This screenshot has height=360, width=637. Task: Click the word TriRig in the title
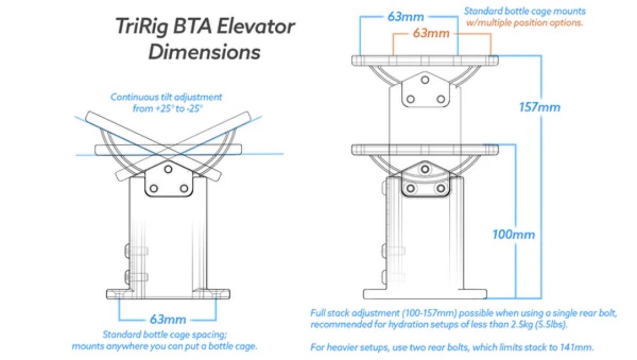(142, 27)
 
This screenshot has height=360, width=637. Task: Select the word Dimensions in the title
(204, 52)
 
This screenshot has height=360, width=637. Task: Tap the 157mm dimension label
(540, 107)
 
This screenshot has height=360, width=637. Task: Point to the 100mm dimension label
(514, 234)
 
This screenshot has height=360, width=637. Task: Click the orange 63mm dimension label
(431, 33)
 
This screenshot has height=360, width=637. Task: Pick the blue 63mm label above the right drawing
(406, 16)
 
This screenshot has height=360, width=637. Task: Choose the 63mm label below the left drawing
(168, 320)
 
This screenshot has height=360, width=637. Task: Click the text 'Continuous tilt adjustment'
(166, 97)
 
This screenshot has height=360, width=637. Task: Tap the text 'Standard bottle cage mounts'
(525, 11)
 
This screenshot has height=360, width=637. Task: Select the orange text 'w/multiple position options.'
(524, 23)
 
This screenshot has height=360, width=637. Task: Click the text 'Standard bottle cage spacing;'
(165, 334)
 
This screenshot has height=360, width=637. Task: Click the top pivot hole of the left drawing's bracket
(168, 169)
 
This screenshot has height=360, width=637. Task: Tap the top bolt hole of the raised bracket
(425, 80)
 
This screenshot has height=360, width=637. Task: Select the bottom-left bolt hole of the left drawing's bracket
(154, 189)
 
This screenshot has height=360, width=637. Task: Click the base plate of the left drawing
(168, 294)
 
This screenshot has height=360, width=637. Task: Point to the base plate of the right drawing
(425, 294)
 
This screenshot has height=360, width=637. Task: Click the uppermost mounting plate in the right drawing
(425, 60)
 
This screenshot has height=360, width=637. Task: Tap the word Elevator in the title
(256, 27)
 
